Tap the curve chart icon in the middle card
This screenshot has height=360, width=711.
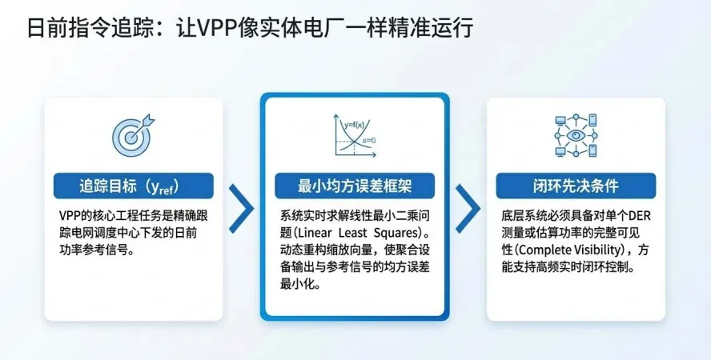[x=353, y=138]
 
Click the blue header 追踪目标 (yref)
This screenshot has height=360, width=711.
[x=133, y=186]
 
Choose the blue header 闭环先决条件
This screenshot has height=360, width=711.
[x=576, y=186]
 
